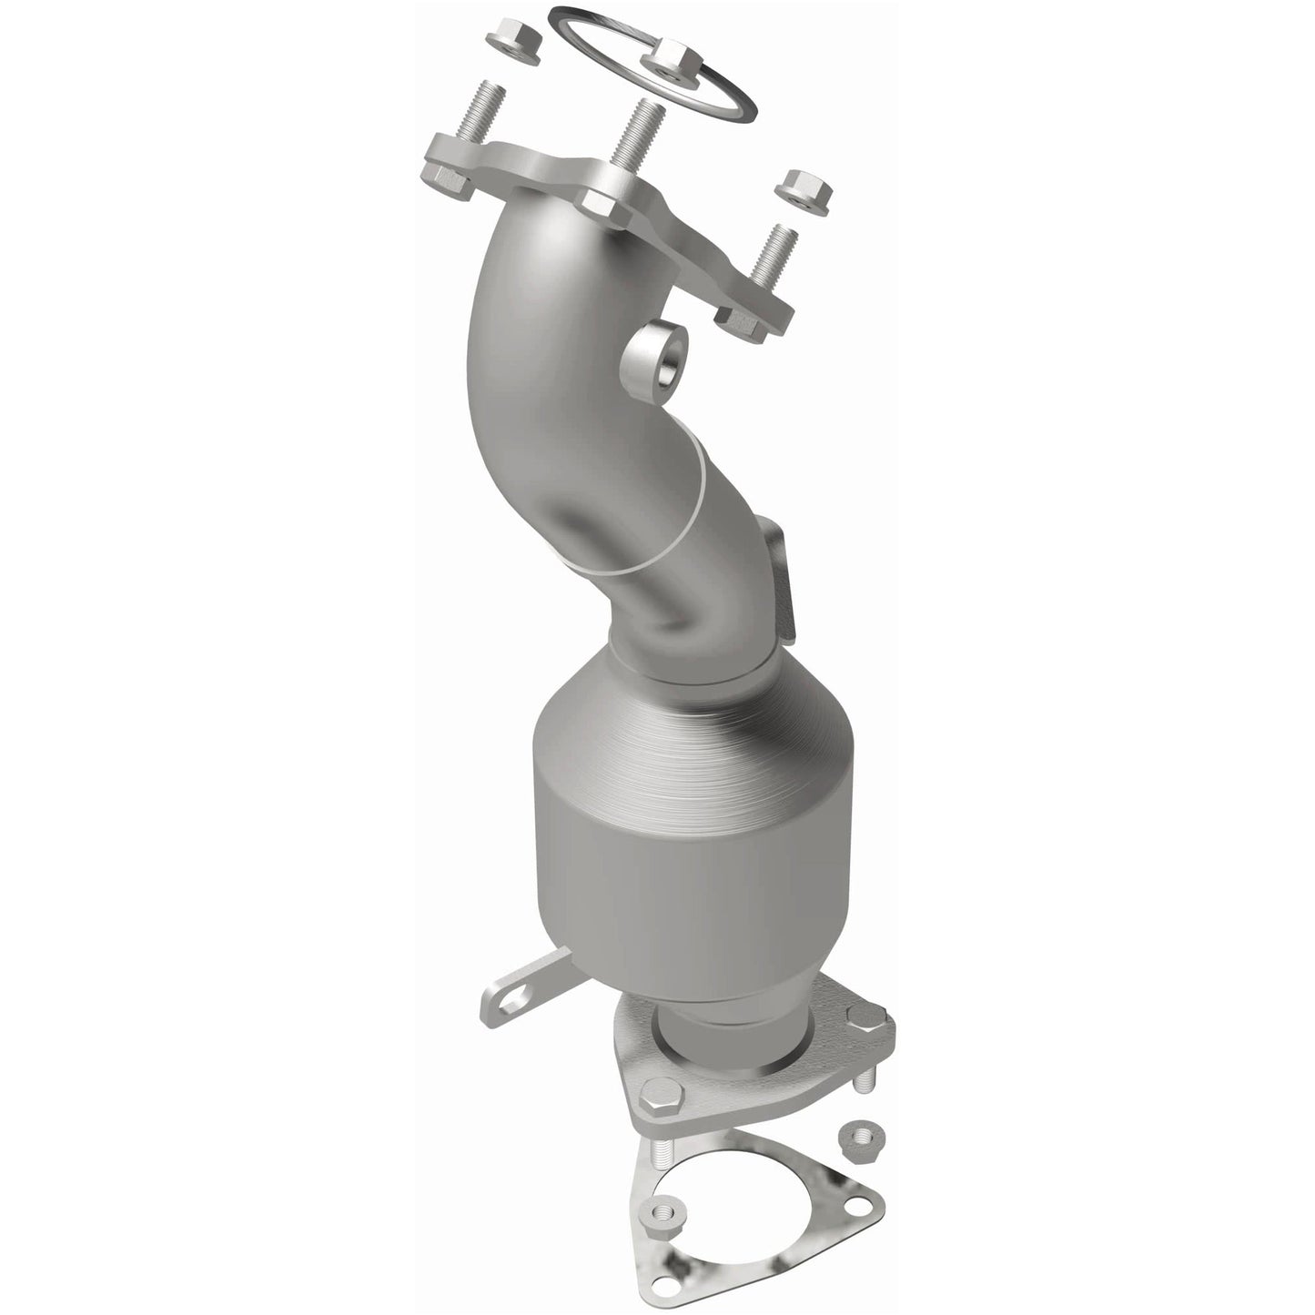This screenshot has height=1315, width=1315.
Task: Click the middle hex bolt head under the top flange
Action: point(602,204)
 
